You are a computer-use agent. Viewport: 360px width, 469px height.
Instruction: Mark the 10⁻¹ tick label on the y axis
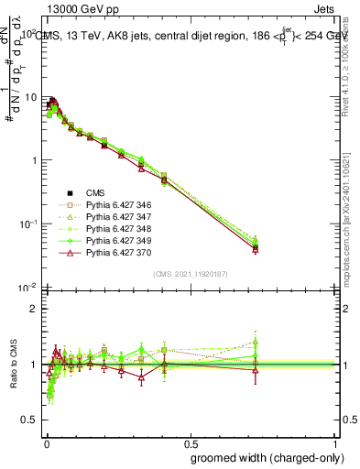29,224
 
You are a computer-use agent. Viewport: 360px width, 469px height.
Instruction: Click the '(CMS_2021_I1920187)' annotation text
190,273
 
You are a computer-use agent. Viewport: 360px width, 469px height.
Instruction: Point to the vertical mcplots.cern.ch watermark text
351,229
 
